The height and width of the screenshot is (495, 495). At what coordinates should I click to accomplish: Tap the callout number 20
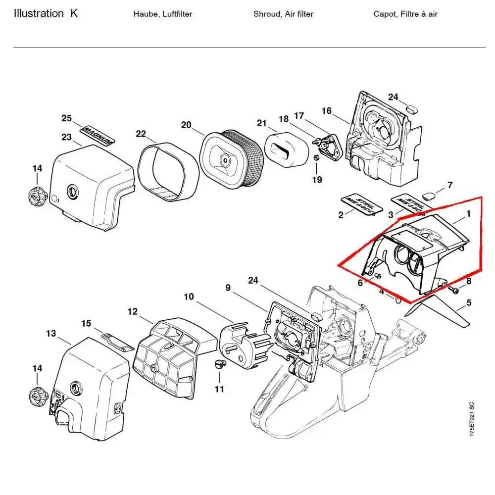click(186, 125)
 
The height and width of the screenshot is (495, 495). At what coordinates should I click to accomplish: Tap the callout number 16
click(327, 110)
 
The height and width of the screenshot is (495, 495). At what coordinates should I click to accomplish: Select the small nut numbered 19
click(315, 158)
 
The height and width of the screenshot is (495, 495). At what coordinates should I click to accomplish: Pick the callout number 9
click(228, 288)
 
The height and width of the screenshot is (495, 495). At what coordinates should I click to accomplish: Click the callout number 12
click(132, 312)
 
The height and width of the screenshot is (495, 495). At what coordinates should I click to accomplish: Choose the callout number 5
click(469, 302)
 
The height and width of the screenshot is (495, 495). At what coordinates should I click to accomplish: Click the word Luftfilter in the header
click(176, 14)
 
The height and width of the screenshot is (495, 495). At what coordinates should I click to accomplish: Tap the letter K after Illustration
click(74, 13)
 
